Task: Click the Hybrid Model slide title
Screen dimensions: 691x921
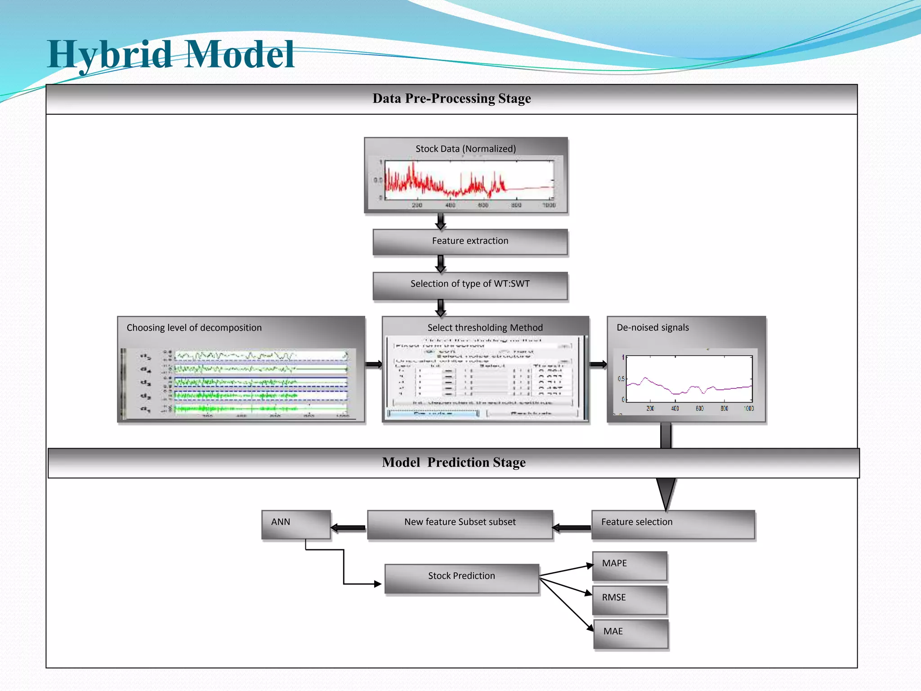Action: [171, 55]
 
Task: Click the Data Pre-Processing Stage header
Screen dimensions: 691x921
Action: [452, 99]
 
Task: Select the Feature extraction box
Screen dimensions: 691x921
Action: [470, 242]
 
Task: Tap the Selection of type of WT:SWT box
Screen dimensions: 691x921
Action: [470, 284]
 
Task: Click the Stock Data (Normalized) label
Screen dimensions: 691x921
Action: [465, 149]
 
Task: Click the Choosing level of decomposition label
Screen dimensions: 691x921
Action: [194, 328]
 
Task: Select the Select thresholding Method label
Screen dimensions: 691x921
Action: [485, 328]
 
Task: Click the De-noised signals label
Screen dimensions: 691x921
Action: [653, 328]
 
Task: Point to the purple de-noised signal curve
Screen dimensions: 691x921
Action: [688, 388]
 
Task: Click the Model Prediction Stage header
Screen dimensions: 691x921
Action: [453, 462]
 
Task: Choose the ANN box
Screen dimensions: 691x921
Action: [296, 524]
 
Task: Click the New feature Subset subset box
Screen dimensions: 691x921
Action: [460, 524]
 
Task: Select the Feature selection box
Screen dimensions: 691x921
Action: [673, 524]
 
